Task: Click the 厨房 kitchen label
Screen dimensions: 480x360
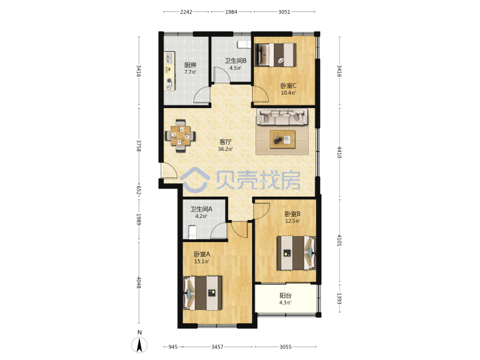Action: pos(190,65)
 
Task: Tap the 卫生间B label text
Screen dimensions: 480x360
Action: pos(235,61)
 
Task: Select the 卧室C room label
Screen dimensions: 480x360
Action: pos(289,86)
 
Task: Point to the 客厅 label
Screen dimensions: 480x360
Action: pos(225,142)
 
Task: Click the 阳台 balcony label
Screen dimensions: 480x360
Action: pos(285,296)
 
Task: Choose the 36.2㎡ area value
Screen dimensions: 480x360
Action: pos(225,149)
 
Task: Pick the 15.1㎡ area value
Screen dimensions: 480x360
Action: pos(202,262)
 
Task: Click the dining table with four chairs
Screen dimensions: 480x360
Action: pos(180,136)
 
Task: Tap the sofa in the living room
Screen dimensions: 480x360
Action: pos(282,117)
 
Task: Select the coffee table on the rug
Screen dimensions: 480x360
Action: pos(283,139)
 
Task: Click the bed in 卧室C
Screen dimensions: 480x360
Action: pos(275,55)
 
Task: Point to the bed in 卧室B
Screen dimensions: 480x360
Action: pos(296,253)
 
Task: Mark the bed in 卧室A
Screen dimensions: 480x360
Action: pos(203,293)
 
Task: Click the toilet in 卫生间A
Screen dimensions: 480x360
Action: pos(192,232)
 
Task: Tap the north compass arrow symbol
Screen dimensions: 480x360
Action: pos(139,345)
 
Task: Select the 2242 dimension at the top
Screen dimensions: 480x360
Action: pos(186,12)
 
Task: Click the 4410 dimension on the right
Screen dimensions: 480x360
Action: pos(339,152)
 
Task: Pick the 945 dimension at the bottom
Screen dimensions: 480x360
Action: pos(173,347)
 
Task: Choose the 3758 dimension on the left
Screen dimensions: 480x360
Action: pos(139,146)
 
